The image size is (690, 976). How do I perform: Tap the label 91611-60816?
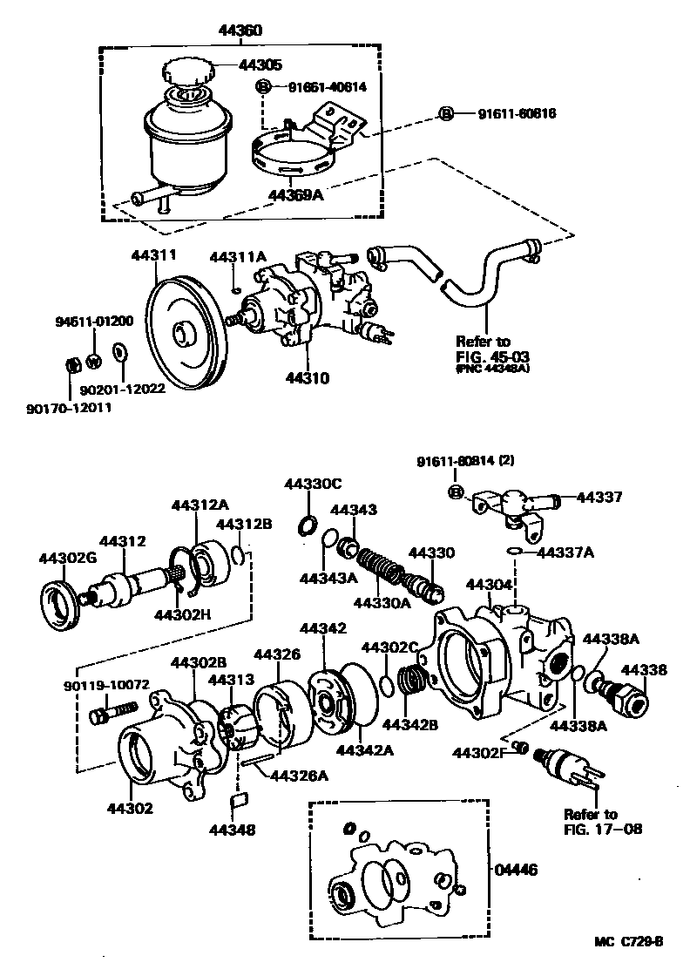point(516,114)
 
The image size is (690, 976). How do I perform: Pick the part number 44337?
point(599,498)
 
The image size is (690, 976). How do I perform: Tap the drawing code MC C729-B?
point(629,941)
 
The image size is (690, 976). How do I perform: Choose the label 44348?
point(231,830)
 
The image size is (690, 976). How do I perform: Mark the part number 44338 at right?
point(645,670)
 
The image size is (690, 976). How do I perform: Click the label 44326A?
point(298,775)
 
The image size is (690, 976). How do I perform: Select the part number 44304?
point(486,584)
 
